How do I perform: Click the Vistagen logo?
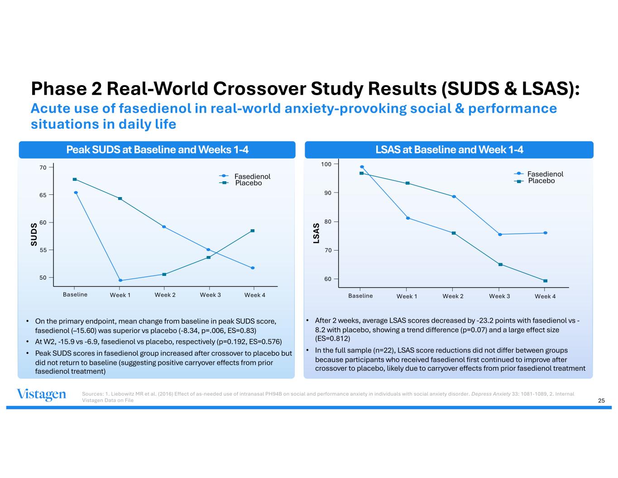click(x=41, y=395)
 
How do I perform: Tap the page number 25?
click(x=602, y=400)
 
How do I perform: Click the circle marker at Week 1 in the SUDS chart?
click(x=120, y=280)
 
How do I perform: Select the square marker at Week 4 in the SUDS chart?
click(x=253, y=231)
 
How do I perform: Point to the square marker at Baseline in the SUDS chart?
click(x=75, y=179)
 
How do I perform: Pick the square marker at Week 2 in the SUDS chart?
click(x=164, y=274)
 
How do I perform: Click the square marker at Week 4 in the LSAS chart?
click(x=545, y=281)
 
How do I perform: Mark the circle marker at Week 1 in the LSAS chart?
click(x=408, y=218)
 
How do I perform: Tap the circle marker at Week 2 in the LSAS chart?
click(x=454, y=197)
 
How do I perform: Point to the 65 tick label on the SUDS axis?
click(x=43, y=195)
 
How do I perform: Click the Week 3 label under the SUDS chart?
click(x=211, y=295)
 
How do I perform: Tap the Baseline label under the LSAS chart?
click(x=360, y=296)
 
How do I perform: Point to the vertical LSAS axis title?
click(x=317, y=233)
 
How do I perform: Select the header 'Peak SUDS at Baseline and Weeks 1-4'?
click(x=157, y=150)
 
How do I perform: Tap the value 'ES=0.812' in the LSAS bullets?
click(x=332, y=338)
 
